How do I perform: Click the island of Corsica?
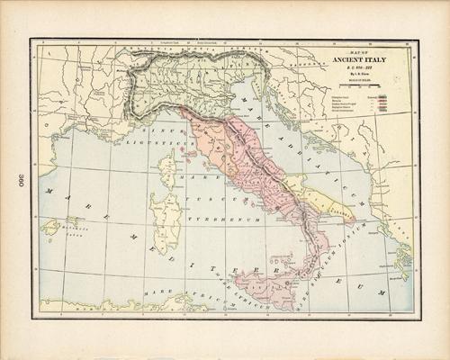[x=166, y=167]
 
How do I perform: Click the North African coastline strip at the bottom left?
[x=108, y=307]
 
